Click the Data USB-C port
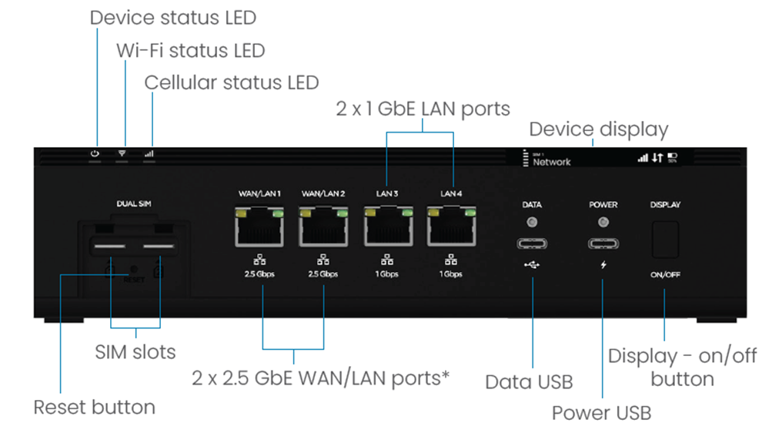pyautogui.click(x=532, y=244)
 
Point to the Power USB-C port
pyautogui.click(x=603, y=244)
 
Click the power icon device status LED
pyautogui.click(x=95, y=154)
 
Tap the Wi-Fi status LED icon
pyautogui.click(x=122, y=154)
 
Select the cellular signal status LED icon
pyautogui.click(x=149, y=154)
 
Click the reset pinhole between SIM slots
pyautogui.click(x=133, y=270)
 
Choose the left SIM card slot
pyautogui.click(x=111, y=248)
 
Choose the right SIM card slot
pyautogui.click(x=159, y=248)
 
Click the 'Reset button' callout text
pyautogui.click(x=94, y=407)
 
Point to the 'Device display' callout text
pyautogui.click(x=598, y=129)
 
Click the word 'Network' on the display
pyautogui.click(x=552, y=163)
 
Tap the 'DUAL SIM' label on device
pyautogui.click(x=133, y=203)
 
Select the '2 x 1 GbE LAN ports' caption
pyautogui.click(x=423, y=109)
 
